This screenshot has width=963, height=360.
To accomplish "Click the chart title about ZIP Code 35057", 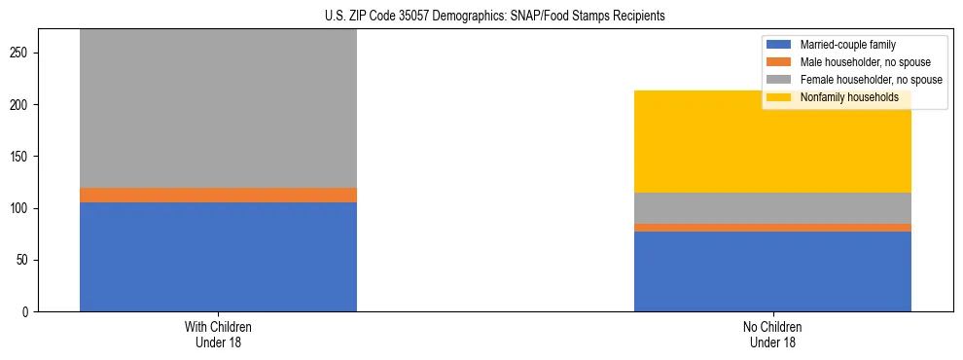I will click(x=481, y=16).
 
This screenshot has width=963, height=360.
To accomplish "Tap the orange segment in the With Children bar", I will click(x=218, y=195).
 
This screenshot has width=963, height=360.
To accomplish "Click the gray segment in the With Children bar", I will click(x=218, y=108).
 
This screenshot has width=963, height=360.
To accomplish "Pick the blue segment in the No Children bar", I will click(x=772, y=271).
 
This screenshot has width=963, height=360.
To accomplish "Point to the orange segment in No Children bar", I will click(x=772, y=228).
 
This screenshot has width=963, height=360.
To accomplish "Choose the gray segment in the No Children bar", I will click(x=772, y=208).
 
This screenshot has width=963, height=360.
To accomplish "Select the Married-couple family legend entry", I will click(x=847, y=45).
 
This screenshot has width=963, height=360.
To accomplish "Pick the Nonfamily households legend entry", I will click(x=848, y=97).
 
